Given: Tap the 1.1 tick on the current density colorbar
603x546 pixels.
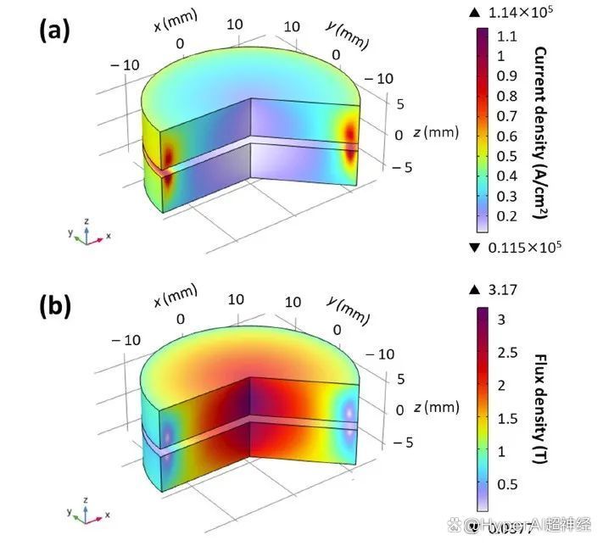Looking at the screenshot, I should [x=507, y=36].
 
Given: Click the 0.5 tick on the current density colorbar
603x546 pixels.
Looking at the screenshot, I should [x=507, y=156].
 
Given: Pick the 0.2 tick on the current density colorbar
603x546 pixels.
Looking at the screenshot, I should [x=507, y=216].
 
